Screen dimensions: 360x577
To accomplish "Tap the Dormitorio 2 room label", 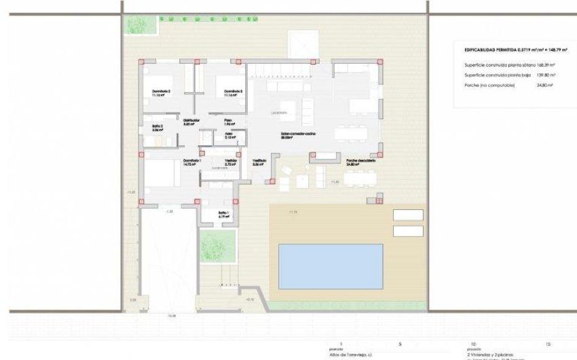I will point(160,92).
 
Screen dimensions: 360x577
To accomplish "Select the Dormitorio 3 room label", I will point(234,92).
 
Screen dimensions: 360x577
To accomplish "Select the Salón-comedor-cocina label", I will point(299,135).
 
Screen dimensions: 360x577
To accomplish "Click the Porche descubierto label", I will point(360,162).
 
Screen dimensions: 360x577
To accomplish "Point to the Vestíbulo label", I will point(259,162).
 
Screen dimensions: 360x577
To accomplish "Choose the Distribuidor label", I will point(189,122).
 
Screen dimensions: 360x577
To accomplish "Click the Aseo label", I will point(229,134).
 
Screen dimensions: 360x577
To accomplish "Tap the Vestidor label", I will point(230,162).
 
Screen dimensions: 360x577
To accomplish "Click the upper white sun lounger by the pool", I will point(409,215).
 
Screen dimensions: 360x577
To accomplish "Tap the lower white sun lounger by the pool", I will point(409,231).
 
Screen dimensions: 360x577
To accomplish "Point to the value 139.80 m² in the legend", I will point(544,75).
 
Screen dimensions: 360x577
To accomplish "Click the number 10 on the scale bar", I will point(473,344).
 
